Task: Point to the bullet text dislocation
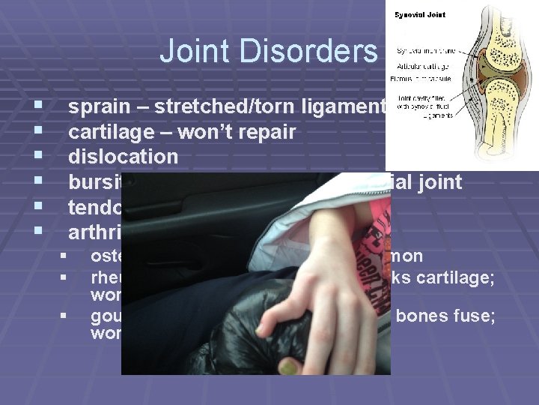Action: click(x=124, y=157)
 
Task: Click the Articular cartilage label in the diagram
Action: click(x=419, y=65)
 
